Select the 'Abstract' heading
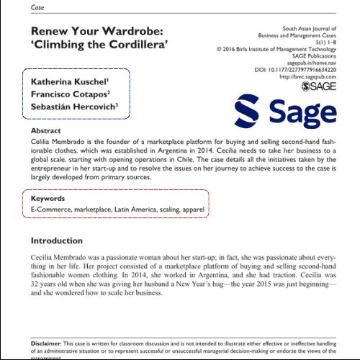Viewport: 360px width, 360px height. [46, 132]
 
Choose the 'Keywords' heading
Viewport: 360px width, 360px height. [48, 198]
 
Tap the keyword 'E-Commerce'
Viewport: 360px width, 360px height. [55, 209]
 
